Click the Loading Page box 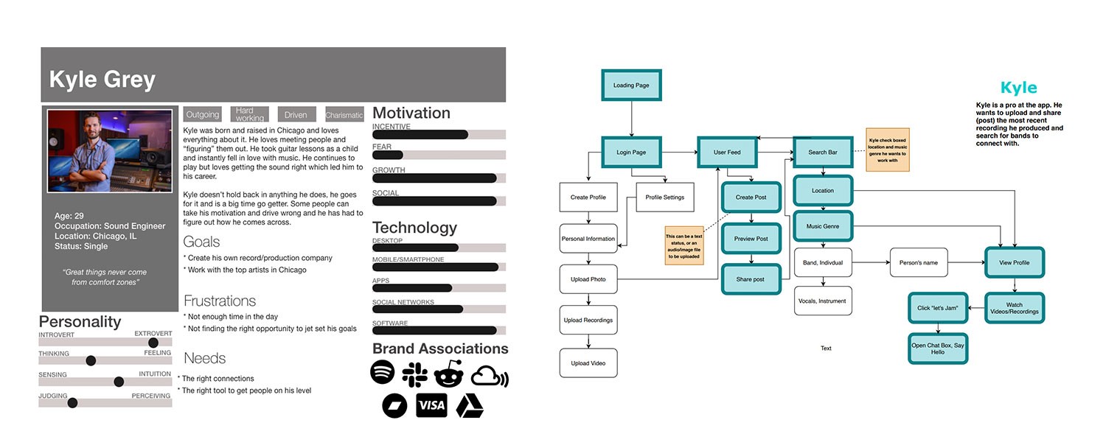(x=631, y=85)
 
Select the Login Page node (x=631, y=153)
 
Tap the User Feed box (x=727, y=153)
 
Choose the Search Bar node (x=822, y=153)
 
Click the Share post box (x=751, y=279)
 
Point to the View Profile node (x=1015, y=262)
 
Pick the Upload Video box (x=588, y=363)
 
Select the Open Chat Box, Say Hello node (x=938, y=349)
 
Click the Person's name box (x=919, y=262)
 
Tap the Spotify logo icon (x=383, y=373)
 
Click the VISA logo (x=431, y=405)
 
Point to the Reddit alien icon (x=448, y=374)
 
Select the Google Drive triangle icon (x=470, y=406)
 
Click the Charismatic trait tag (x=344, y=115)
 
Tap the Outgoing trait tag (x=203, y=115)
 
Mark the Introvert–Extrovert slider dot (x=153, y=343)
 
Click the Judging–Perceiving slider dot (x=72, y=402)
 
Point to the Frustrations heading (x=220, y=301)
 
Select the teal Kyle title (x=1018, y=88)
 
